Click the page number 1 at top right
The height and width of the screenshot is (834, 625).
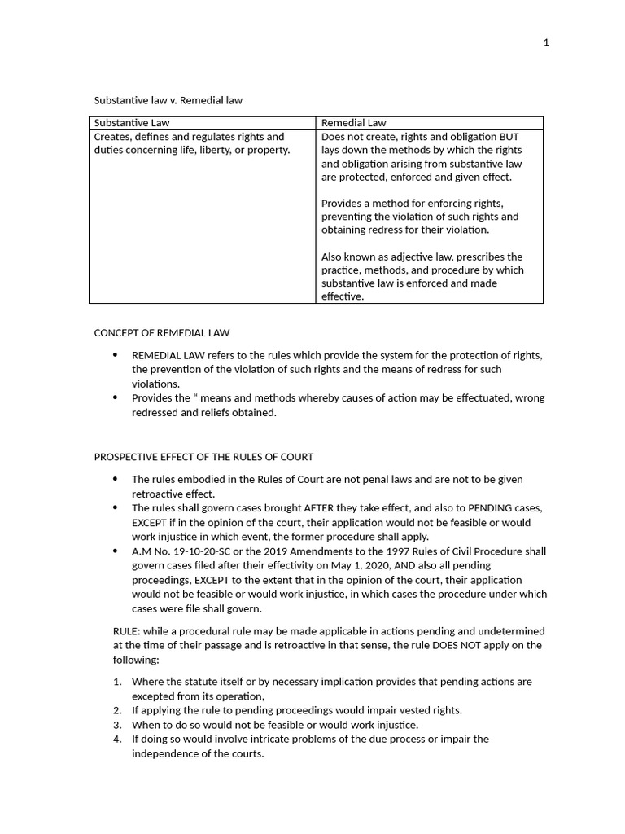(x=547, y=42)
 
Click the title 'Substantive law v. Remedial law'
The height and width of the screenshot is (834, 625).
(x=168, y=100)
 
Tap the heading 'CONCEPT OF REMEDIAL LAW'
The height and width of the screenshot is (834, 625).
(x=162, y=332)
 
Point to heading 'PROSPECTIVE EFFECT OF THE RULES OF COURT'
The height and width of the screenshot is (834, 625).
(x=203, y=456)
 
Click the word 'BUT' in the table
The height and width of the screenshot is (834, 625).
(x=509, y=137)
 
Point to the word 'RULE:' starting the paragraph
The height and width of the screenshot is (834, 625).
(x=126, y=631)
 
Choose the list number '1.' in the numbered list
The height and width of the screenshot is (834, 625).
(x=117, y=682)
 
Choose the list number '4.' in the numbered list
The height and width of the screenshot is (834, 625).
(x=117, y=740)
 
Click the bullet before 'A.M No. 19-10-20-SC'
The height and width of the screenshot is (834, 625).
(x=115, y=551)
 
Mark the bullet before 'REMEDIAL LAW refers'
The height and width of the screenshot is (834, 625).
(x=115, y=355)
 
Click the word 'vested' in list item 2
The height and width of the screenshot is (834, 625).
(x=404, y=710)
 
